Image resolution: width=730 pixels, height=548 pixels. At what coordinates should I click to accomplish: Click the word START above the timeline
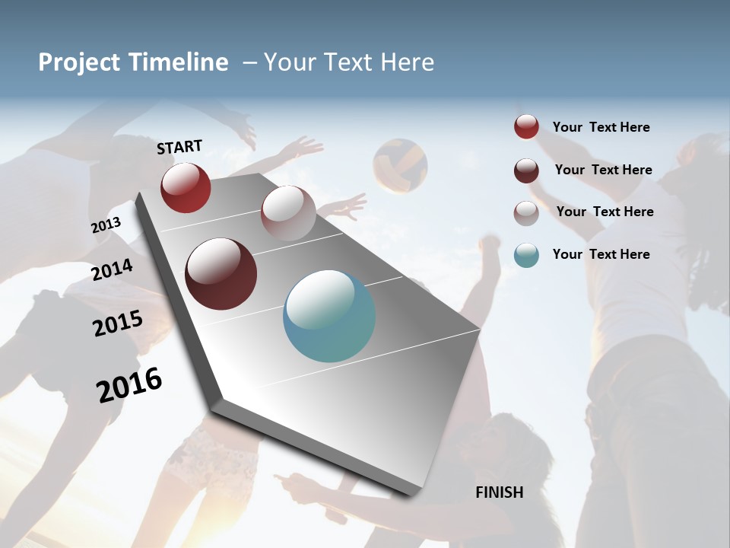[179, 147]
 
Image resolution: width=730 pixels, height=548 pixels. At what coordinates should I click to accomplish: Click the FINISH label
[500, 492]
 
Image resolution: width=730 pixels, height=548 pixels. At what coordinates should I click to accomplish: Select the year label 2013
[106, 225]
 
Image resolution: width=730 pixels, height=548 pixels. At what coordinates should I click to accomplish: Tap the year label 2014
[112, 269]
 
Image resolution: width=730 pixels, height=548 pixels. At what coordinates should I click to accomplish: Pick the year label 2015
[117, 323]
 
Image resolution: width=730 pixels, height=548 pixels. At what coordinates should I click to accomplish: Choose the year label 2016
[129, 384]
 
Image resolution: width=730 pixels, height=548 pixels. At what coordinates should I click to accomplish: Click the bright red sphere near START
[186, 187]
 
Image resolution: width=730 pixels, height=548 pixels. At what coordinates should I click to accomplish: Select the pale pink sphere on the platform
[288, 213]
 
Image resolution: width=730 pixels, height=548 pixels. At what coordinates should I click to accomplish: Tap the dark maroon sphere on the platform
[221, 274]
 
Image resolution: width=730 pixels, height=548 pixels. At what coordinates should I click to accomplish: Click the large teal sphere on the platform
[329, 316]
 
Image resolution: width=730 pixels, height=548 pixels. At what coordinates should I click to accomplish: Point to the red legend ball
[526, 127]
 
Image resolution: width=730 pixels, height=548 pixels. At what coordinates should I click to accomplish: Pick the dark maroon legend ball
[526, 170]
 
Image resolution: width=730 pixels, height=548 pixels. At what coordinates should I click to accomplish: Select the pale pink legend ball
[526, 212]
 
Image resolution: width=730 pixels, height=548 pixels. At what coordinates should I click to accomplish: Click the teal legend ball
[526, 255]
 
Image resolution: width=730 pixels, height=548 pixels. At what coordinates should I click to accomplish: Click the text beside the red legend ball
[601, 127]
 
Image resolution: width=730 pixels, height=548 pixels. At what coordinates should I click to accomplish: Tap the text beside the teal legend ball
[601, 254]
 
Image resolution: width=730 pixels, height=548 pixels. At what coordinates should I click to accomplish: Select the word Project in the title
[79, 62]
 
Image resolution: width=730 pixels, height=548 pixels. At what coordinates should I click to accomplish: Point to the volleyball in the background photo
[400, 165]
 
